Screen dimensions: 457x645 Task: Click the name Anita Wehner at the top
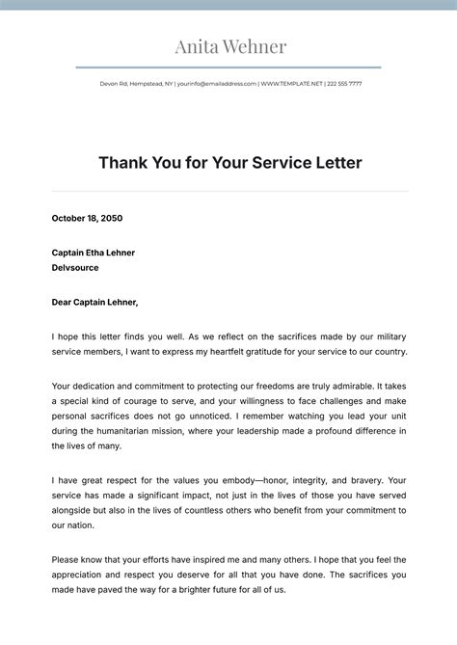[x=230, y=46]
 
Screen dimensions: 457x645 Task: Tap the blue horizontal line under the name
[x=228, y=67]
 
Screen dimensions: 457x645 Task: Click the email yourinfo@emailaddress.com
[x=217, y=84]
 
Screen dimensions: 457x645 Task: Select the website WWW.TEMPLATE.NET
[x=291, y=84]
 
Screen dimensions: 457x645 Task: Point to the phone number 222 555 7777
[x=344, y=84]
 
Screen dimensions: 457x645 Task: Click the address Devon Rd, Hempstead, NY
[x=136, y=84]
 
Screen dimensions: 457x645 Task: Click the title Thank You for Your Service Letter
[x=230, y=163]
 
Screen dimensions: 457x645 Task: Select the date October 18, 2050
[x=87, y=218]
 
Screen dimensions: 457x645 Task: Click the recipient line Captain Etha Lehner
[x=94, y=253]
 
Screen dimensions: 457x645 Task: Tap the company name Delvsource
[x=75, y=268]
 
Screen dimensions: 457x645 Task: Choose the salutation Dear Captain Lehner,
[x=95, y=302]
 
